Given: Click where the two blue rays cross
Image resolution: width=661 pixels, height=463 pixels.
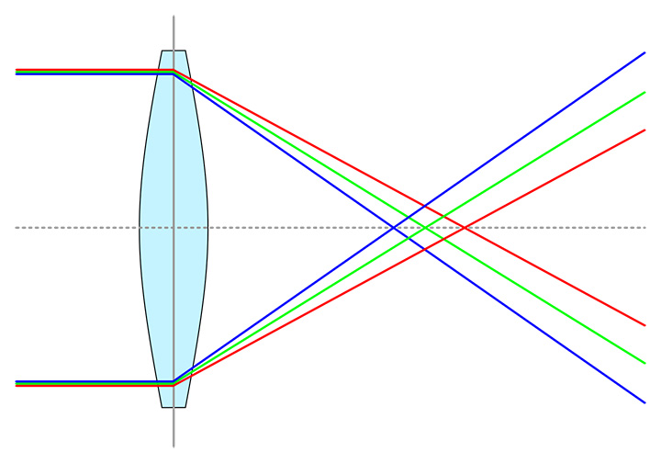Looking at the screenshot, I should click(x=395, y=227).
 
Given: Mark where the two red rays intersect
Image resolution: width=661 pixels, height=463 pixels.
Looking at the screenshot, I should click(x=465, y=227).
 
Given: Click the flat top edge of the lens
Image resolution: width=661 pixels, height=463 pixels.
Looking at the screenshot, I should click(x=174, y=51).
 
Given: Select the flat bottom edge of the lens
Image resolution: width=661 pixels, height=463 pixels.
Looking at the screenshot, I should click(x=174, y=406).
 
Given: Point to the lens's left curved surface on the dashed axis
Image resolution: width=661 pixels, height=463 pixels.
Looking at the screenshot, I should click(x=140, y=227).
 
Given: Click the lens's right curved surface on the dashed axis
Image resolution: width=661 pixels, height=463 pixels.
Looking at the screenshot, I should click(x=208, y=227).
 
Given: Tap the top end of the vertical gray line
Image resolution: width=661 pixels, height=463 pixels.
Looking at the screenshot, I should click(x=174, y=16).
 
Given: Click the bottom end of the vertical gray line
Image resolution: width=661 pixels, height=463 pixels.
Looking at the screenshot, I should click(x=174, y=446).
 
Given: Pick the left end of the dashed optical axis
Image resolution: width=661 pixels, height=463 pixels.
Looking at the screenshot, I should click(x=17, y=227).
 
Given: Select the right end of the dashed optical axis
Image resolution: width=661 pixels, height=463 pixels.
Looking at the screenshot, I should click(x=645, y=227).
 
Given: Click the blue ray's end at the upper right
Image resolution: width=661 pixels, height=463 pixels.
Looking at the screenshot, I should click(x=645, y=52).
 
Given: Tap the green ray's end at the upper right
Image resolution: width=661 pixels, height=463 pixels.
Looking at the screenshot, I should click(x=645, y=92).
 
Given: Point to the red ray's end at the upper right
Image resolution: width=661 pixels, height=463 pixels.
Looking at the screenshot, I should click(x=645, y=130).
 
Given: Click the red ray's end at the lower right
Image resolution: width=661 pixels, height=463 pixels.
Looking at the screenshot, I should click(x=645, y=325).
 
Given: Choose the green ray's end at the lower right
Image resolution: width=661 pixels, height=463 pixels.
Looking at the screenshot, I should click(x=645, y=363).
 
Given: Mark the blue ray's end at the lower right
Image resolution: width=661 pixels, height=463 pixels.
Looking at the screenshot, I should click(x=645, y=402).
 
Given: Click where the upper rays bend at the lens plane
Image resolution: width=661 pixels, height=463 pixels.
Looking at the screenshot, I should click(x=174, y=72).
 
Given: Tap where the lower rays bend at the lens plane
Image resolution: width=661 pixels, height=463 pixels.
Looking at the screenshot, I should click(x=174, y=382).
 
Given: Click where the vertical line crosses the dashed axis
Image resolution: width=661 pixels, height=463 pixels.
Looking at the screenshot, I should click(x=174, y=227).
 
